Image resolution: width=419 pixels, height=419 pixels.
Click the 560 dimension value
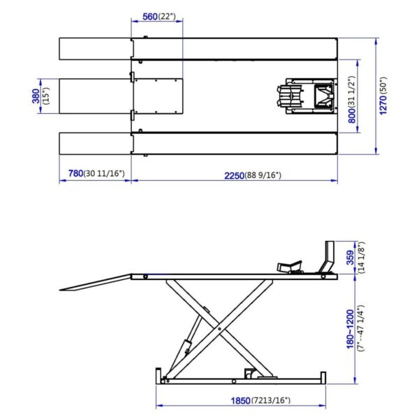coord(150,17)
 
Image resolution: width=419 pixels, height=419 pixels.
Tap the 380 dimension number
coord(36,96)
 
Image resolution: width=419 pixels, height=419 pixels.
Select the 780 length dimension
coord(76,173)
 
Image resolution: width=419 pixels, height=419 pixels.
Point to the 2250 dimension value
coord(234,175)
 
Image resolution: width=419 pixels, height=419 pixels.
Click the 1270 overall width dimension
coord(383,105)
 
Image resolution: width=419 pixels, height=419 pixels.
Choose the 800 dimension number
coord(352,116)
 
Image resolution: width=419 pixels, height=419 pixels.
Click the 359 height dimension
coord(350,257)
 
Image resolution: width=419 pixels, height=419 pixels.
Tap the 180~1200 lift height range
coord(350,329)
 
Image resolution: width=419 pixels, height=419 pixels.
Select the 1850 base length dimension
coord(240,401)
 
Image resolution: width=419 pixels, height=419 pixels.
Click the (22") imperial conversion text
coord(167,17)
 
